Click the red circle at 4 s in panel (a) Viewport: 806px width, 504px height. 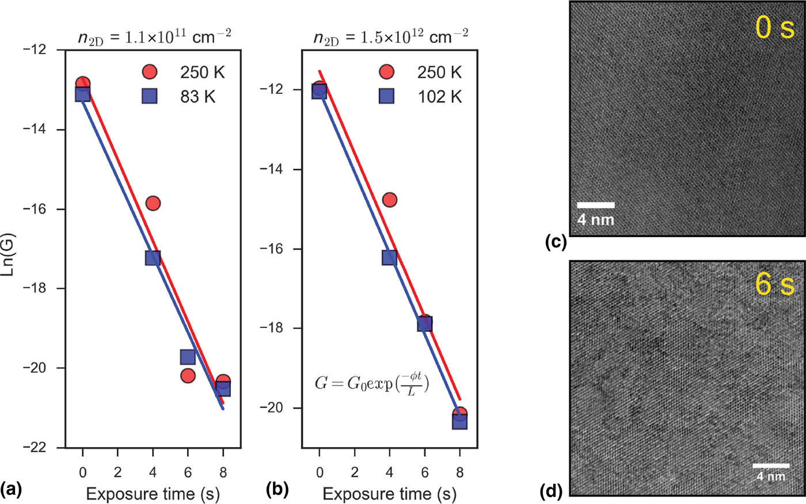coord(153,203)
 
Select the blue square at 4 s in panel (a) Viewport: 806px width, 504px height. coord(153,258)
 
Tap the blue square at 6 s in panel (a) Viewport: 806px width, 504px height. coord(188,357)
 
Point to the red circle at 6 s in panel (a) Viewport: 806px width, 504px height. coord(188,376)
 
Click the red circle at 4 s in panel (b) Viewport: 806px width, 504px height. coord(389,200)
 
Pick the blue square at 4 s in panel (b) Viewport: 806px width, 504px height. coord(389,258)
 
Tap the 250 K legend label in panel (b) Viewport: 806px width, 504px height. coord(439,72)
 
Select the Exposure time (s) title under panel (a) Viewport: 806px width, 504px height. coord(153,494)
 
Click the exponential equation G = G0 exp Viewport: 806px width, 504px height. coord(372,384)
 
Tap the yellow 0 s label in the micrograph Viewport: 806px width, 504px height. coord(774,28)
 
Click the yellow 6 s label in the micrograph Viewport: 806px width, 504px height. coord(774,284)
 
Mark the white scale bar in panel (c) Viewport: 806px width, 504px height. coord(595,205)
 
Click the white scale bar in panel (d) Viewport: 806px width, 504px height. coord(771,465)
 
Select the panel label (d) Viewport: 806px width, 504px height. coord(552,492)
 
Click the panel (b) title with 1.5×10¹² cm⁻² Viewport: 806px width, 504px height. coord(390,37)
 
